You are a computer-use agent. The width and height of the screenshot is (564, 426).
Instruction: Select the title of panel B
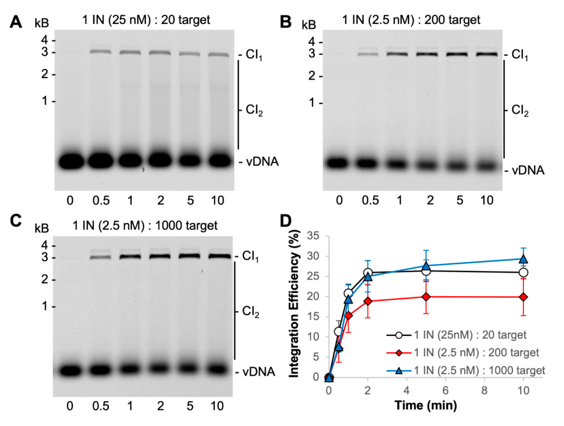click(x=411, y=20)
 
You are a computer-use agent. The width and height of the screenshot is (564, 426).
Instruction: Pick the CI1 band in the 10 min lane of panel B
click(x=487, y=54)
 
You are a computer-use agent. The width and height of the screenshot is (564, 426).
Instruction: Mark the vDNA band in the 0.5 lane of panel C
click(x=101, y=370)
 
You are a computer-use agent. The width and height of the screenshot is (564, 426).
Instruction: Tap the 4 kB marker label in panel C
click(x=45, y=246)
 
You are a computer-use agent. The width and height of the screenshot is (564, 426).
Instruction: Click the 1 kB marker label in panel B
click(x=312, y=103)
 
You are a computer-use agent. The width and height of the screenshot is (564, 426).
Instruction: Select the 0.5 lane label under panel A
click(x=101, y=201)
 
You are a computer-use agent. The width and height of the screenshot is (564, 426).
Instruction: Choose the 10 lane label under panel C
click(x=217, y=406)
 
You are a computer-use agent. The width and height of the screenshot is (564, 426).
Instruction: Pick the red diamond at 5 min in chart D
click(x=426, y=297)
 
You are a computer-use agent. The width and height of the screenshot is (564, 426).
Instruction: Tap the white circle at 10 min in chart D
click(x=523, y=273)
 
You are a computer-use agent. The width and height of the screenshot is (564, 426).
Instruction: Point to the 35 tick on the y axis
click(x=313, y=236)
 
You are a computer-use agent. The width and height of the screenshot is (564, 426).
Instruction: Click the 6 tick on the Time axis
click(x=445, y=390)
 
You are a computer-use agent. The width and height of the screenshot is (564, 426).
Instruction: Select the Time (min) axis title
click(x=426, y=405)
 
